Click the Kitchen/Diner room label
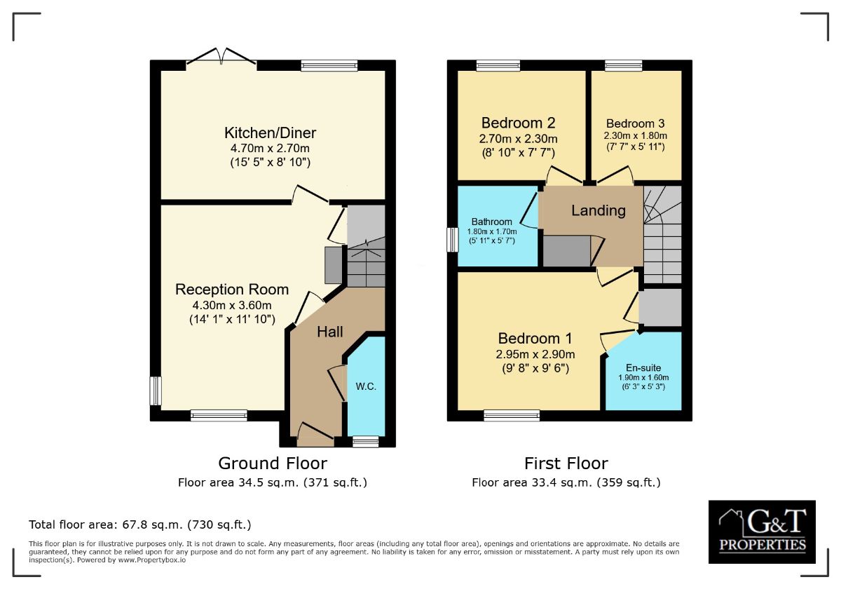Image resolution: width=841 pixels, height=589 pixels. coord(270,133)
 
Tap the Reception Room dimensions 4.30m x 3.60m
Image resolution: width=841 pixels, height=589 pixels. coord(231,305)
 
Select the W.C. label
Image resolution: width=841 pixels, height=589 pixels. coord(366,386)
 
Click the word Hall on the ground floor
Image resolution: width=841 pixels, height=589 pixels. coord(330,332)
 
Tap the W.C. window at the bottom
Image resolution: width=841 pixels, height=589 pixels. coord(364,441)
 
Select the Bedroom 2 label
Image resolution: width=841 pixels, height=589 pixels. coord(519,123)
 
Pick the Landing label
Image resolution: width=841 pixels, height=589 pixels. coord(598,210)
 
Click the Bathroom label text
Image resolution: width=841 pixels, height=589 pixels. coord(491,222)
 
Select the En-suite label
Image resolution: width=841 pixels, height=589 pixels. coord(643,367)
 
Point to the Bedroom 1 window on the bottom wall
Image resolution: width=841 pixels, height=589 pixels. coord(512,416)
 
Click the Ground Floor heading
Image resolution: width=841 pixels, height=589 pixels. coord(272,463)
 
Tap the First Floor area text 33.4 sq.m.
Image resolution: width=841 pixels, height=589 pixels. coord(566,482)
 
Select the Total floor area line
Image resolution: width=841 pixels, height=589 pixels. coord(139,524)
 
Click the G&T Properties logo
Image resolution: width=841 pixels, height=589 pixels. coord(762,532)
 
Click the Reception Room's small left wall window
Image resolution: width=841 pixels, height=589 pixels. coord(156,391)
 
